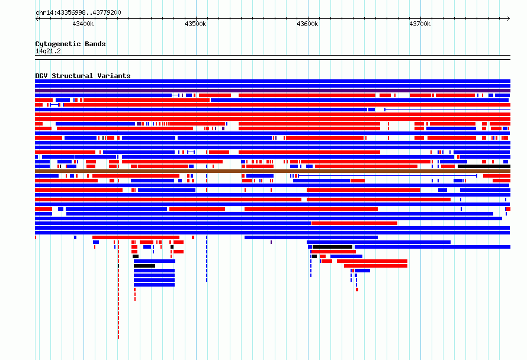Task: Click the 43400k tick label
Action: [x=83, y=24]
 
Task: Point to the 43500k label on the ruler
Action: [x=195, y=24]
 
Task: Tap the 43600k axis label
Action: [x=307, y=24]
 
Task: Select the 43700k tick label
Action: [x=420, y=24]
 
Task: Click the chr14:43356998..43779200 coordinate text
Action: [x=78, y=13]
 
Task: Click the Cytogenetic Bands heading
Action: [x=70, y=44]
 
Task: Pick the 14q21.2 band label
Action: [x=48, y=51]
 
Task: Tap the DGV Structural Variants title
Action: [x=83, y=76]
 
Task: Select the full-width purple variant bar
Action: [x=272, y=91]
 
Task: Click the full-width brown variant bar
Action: [x=272, y=171]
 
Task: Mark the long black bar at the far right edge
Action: [x=484, y=166]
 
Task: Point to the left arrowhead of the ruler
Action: [x=37, y=19]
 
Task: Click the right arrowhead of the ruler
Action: [x=509, y=19]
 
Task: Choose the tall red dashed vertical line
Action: [x=118, y=289]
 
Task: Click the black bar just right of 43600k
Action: [x=332, y=247]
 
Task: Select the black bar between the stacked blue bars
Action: [x=144, y=266]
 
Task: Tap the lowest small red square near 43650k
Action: [x=357, y=290]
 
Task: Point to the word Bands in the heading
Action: [x=95, y=44]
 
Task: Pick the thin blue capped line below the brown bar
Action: [x=387, y=176]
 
